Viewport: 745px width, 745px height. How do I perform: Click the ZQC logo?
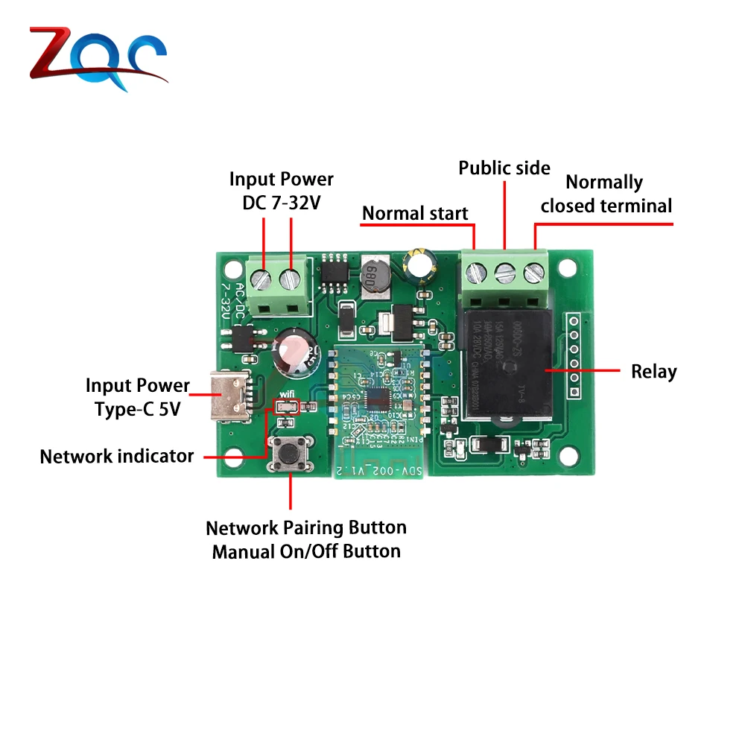[x=98, y=58]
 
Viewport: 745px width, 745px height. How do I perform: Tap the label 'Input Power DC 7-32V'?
[x=281, y=191]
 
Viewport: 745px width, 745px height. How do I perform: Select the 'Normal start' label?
[x=415, y=214]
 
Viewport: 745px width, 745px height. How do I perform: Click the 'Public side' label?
[x=504, y=168]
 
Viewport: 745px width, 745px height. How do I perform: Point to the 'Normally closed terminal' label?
[x=606, y=194]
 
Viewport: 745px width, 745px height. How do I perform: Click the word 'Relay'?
[x=654, y=371]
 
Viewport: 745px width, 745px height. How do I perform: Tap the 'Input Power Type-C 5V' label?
[x=137, y=397]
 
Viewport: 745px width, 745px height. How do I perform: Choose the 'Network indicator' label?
[x=116, y=456]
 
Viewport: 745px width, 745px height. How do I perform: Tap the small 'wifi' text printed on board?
[x=288, y=395]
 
